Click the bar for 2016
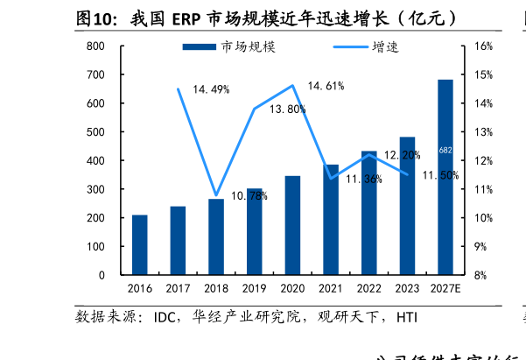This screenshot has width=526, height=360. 140,245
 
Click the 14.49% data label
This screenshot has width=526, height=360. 211,89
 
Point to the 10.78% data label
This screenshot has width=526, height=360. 249,196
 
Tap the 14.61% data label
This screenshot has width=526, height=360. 326,86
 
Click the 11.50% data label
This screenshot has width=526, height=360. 439,176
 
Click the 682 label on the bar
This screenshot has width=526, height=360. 445,151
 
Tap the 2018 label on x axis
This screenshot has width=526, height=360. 216,288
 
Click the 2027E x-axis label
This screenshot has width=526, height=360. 445,288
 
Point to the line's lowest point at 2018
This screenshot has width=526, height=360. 216,194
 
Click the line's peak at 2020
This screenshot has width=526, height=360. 292,85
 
